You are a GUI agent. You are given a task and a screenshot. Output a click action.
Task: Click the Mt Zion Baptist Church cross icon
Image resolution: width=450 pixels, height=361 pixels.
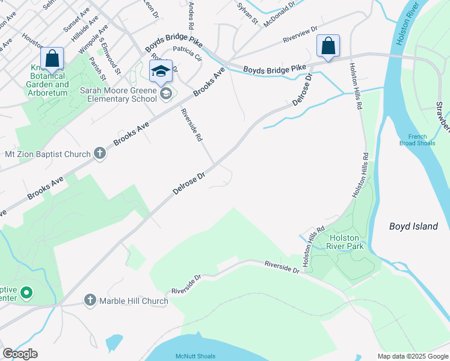(x=100, y=154)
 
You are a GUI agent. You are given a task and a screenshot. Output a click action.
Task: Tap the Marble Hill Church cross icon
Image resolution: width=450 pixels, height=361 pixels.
(x=90, y=300)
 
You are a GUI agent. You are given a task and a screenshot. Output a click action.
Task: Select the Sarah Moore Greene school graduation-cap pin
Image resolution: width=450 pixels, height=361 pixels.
(x=161, y=72)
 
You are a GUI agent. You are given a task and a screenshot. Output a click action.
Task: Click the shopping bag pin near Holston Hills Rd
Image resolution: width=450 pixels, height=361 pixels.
(x=328, y=46)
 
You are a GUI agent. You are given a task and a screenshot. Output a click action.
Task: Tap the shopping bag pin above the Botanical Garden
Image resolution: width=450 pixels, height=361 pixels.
(x=52, y=59)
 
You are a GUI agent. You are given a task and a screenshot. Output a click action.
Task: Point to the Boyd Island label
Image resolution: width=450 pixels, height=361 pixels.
(x=413, y=226)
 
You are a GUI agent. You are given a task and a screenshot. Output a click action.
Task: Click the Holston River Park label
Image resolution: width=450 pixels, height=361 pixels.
(x=345, y=242)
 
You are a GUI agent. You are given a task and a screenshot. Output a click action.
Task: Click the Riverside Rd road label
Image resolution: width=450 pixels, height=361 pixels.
(x=192, y=125)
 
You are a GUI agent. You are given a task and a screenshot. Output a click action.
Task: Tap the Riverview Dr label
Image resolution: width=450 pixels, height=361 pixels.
(x=300, y=36)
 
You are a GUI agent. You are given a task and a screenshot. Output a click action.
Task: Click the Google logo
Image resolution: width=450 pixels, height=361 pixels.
(x=20, y=354)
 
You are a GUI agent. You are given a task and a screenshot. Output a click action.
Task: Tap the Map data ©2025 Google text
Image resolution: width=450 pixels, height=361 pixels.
(x=412, y=356)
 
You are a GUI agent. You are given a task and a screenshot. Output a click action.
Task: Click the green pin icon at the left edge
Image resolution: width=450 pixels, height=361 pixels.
(x=26, y=293)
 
